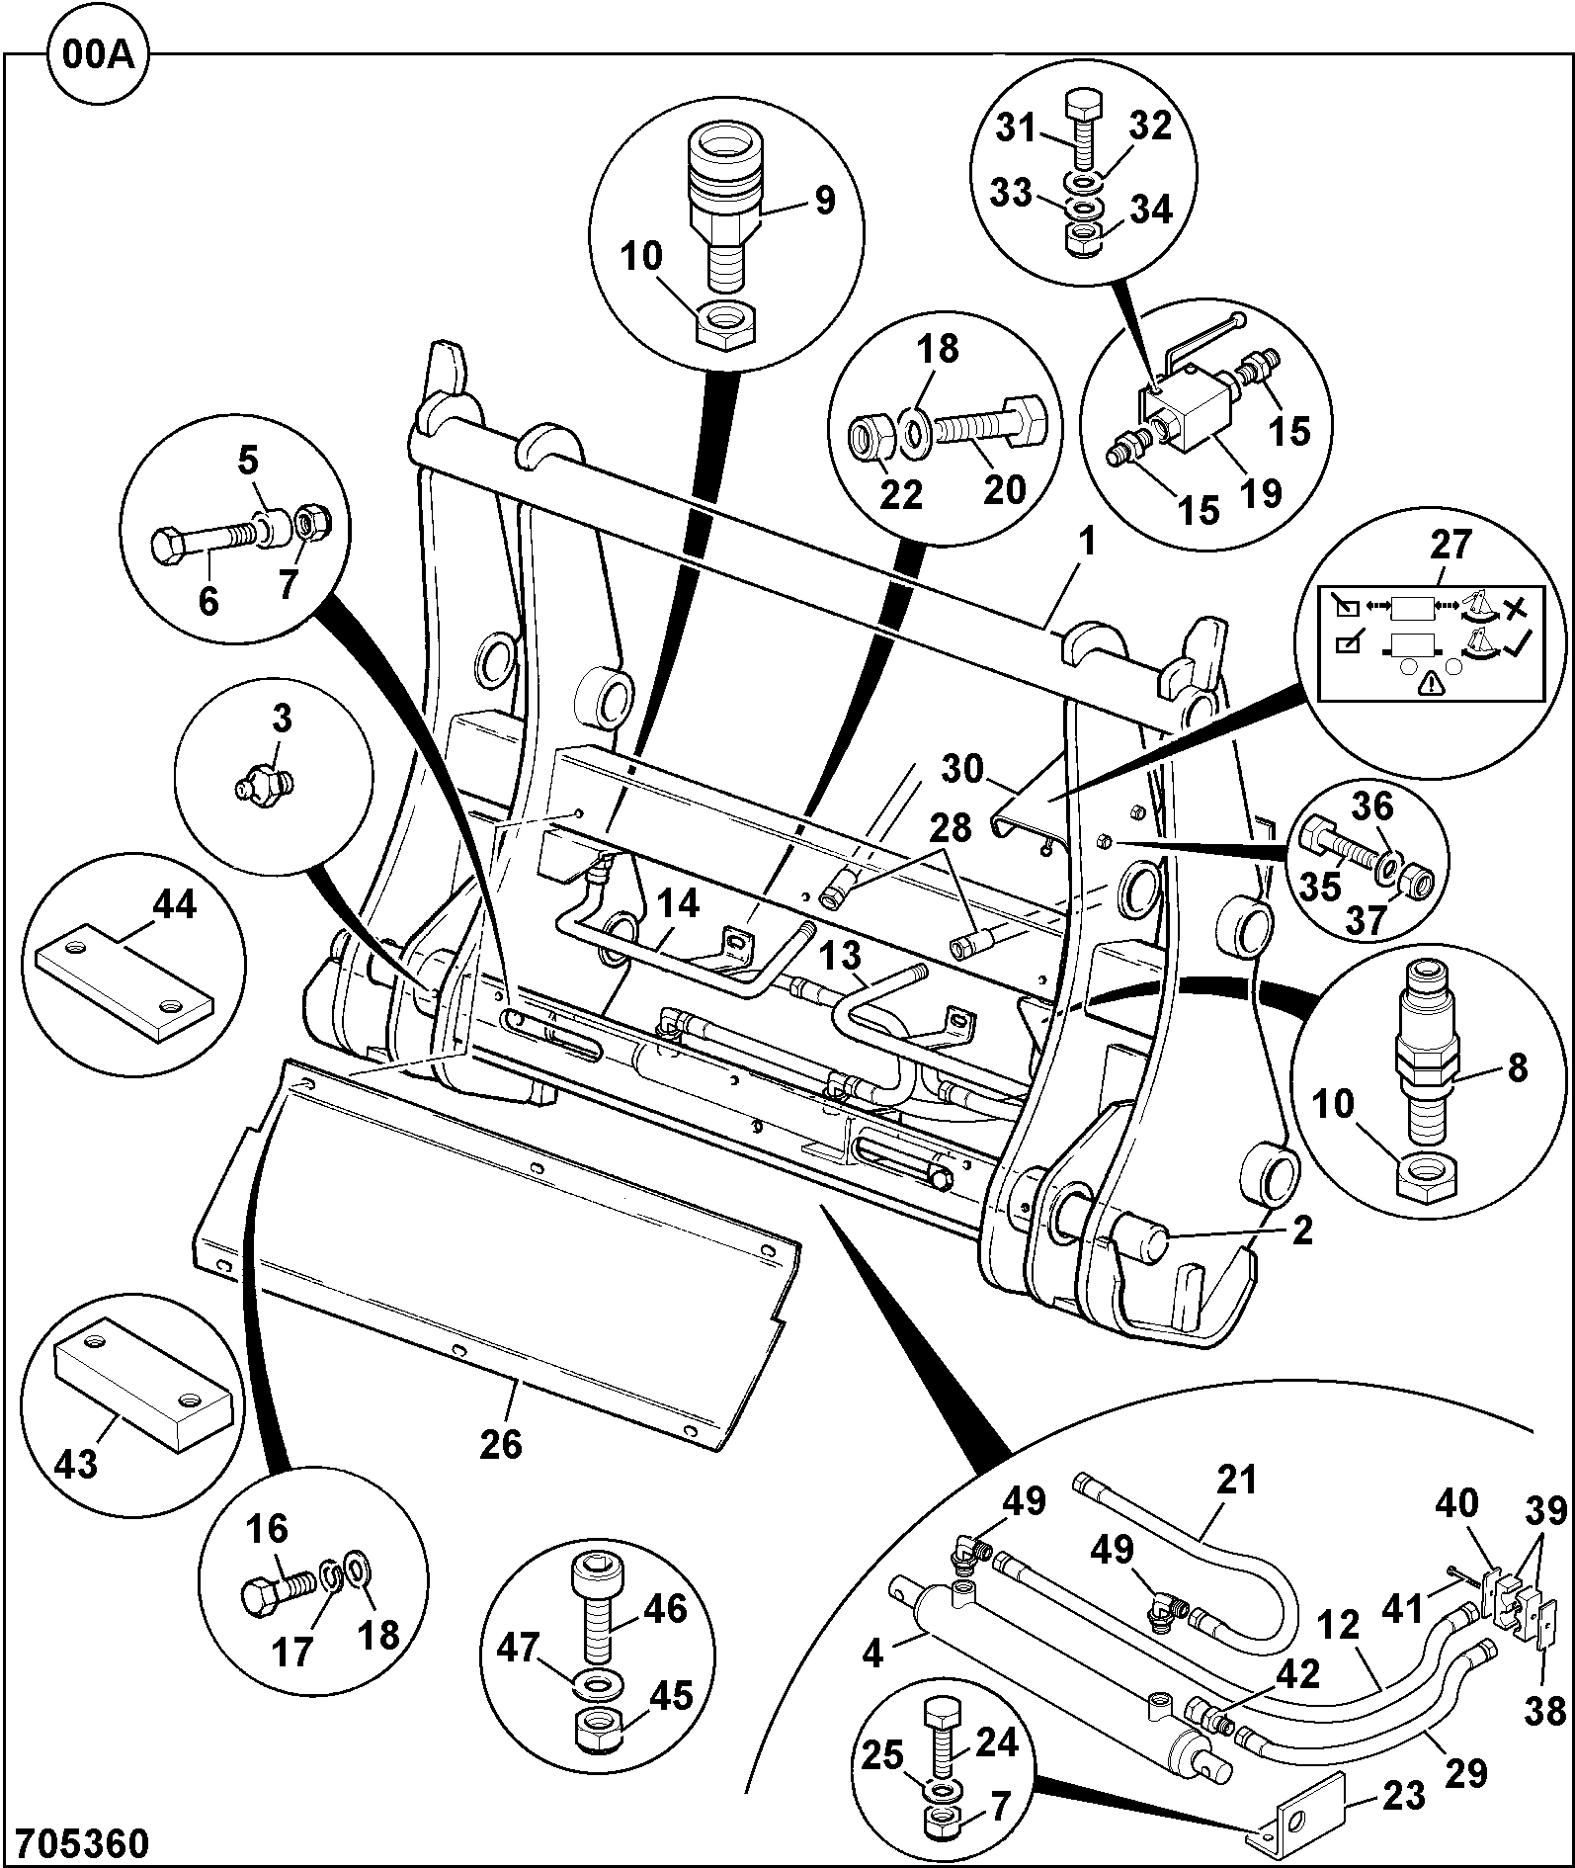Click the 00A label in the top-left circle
coord(96,54)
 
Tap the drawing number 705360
coord(76,1842)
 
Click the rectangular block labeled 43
coord(144,1375)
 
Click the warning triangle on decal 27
coord(1429,683)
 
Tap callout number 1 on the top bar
coord(1086,544)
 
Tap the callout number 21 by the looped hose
coord(1236,1480)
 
